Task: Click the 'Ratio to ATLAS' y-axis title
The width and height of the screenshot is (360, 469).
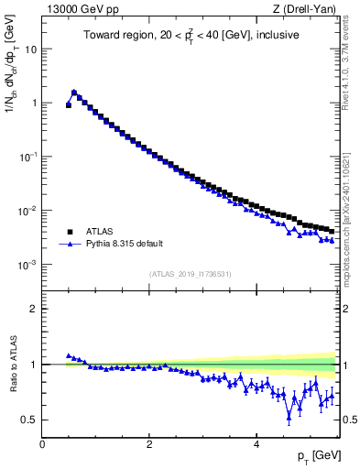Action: [13, 364]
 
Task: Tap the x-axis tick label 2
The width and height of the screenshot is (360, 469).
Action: [148, 444]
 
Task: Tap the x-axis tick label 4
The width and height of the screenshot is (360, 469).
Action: [256, 444]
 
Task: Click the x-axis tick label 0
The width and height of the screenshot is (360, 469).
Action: [42, 444]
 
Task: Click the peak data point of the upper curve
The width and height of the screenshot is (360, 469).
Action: [74, 93]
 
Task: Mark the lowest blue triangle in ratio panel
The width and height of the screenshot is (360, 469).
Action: [289, 416]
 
